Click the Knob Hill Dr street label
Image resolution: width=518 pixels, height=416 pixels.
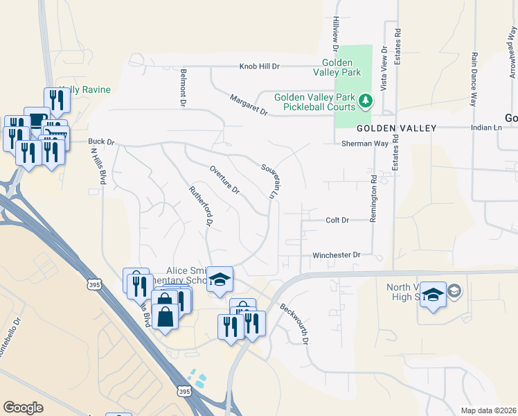[259, 67]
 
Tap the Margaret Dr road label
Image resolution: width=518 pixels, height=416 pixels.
[249, 105]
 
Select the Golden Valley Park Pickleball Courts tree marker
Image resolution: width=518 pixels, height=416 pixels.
[366, 103]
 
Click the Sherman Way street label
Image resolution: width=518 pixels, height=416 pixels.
[364, 144]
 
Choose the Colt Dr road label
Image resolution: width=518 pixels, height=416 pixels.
[337, 220]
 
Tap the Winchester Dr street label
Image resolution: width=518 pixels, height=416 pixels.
[337, 255]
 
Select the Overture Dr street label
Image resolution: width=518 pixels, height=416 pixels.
[224, 180]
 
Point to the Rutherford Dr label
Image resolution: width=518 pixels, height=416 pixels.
[201, 207]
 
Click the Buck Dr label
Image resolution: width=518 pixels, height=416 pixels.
[100, 141]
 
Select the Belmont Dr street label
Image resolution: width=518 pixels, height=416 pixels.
[184, 87]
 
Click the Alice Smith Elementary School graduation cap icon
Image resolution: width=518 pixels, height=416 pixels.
[220, 280]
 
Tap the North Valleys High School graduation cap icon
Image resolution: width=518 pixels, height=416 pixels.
[433, 295]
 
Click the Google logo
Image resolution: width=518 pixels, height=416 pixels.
[24, 408]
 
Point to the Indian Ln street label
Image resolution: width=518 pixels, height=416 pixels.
[487, 128]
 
